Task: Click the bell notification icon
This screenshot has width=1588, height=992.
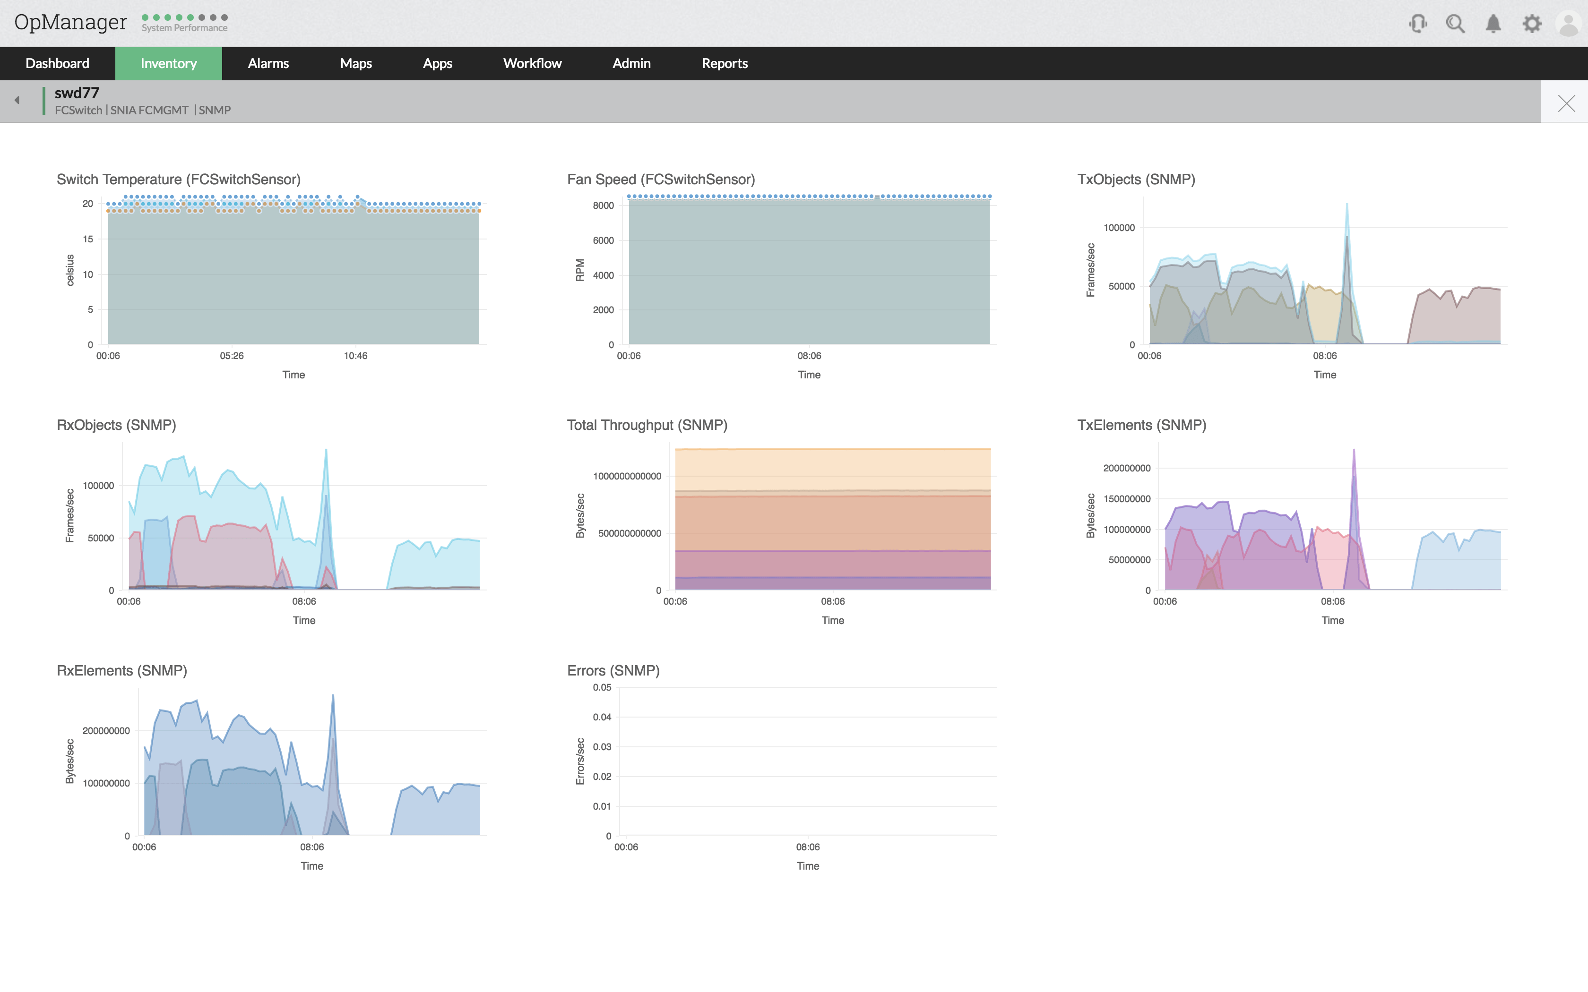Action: click(1493, 24)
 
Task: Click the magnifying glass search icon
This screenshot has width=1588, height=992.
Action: click(1456, 24)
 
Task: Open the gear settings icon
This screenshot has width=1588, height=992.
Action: click(1532, 24)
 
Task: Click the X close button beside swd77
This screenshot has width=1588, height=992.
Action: click(1566, 103)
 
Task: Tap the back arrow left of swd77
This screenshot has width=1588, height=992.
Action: click(17, 100)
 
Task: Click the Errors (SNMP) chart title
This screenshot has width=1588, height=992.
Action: click(613, 670)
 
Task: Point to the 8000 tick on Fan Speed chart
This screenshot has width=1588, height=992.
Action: click(603, 205)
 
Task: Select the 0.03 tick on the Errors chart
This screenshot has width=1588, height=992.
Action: click(602, 747)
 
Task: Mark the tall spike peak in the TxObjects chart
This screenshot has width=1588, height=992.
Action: click(1346, 205)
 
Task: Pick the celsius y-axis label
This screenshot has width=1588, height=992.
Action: click(70, 270)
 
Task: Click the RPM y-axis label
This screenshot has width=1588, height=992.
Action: click(580, 270)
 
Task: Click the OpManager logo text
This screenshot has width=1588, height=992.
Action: click(70, 22)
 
